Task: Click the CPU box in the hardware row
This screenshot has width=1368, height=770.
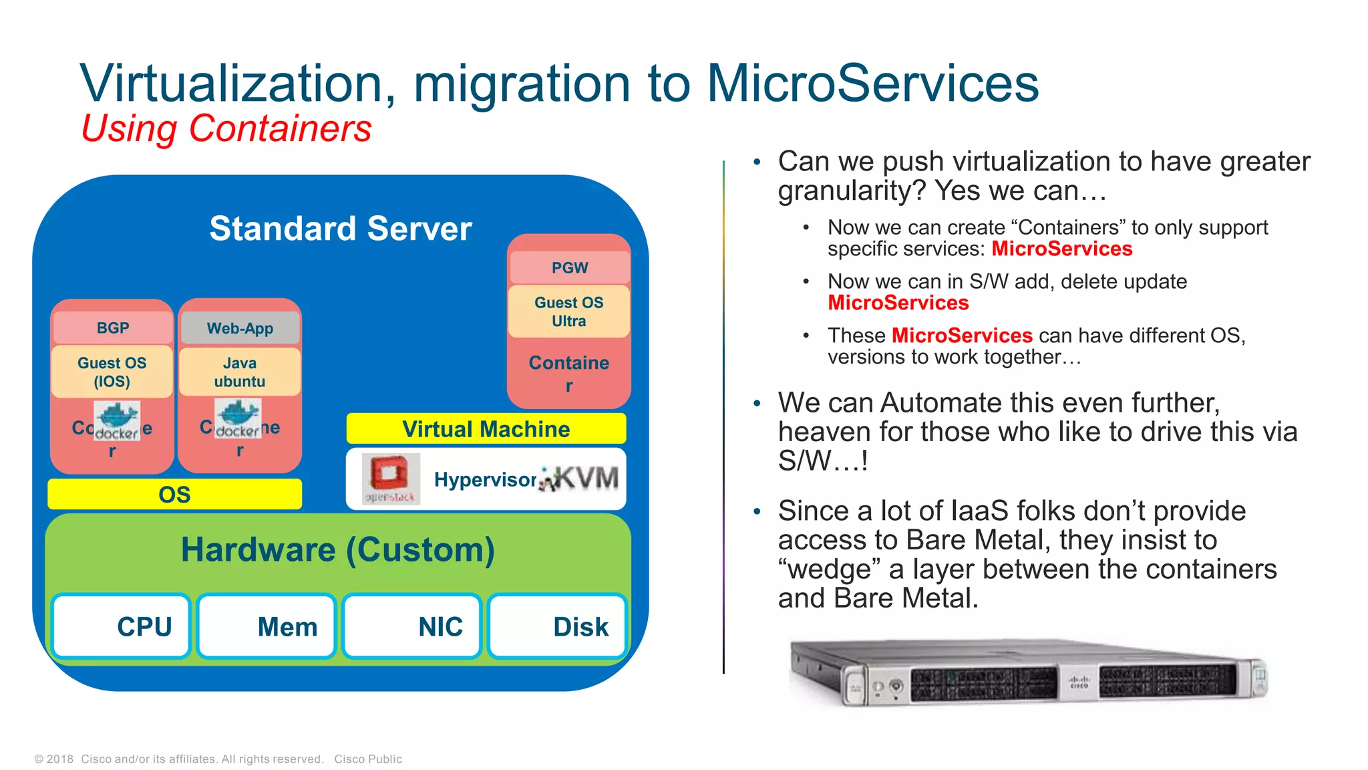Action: (122, 626)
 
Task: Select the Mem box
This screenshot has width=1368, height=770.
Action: (267, 626)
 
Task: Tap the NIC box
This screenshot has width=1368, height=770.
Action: (412, 626)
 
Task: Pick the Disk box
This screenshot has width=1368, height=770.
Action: (557, 626)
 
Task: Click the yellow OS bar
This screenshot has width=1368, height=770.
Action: (174, 495)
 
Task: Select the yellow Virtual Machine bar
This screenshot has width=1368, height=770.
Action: (486, 429)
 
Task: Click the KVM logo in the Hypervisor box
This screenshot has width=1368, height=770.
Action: (579, 479)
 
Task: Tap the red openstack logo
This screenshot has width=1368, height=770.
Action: (390, 478)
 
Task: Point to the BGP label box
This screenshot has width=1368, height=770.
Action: (112, 328)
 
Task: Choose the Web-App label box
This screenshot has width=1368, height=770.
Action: (240, 328)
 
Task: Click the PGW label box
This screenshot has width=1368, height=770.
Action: (569, 267)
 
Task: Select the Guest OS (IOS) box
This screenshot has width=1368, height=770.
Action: (112, 372)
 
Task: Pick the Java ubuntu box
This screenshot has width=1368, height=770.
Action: (240, 372)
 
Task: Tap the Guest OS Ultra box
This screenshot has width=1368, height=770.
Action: (569, 311)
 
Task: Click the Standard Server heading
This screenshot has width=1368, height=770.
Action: (341, 229)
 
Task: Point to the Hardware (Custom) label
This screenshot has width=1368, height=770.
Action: (338, 550)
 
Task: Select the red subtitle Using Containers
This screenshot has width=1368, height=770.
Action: (226, 128)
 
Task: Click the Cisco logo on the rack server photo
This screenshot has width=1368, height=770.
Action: (1079, 682)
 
